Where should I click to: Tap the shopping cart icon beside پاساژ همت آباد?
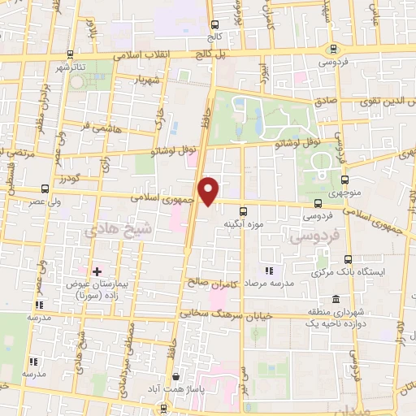coord(177,378)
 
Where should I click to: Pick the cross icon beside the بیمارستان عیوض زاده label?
coord(97,271)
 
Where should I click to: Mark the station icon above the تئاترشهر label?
coord(71,54)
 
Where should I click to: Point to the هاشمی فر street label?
coord(91,128)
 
